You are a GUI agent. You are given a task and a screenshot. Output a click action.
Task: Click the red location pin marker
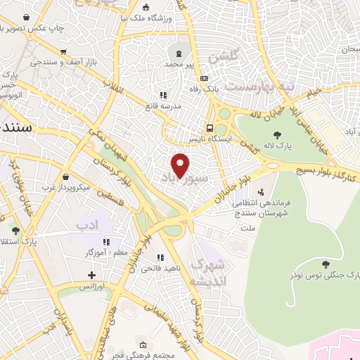181,166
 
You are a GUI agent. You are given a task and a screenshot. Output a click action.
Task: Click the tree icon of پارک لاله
277,136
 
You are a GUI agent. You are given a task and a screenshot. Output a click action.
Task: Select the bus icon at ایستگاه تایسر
210,128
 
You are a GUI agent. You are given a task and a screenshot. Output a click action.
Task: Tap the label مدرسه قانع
163,105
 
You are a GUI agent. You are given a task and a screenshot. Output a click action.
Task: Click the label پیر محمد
179,63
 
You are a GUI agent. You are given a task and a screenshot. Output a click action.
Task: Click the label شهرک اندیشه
210,273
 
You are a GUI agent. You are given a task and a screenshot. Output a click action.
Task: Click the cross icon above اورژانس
91,274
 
